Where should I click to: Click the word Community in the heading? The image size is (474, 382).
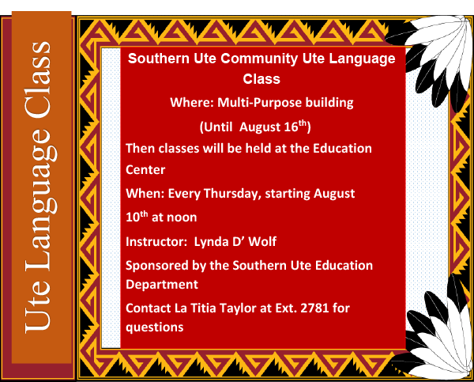pos(259,59)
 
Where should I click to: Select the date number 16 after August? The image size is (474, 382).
pos(291,127)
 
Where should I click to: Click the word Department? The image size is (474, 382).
pos(162,285)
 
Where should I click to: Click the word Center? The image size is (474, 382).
pos(145,170)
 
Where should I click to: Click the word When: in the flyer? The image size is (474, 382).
pos(145,194)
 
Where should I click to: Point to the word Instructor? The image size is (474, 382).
pos(156,242)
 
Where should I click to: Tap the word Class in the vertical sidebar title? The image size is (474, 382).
pos(38,80)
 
